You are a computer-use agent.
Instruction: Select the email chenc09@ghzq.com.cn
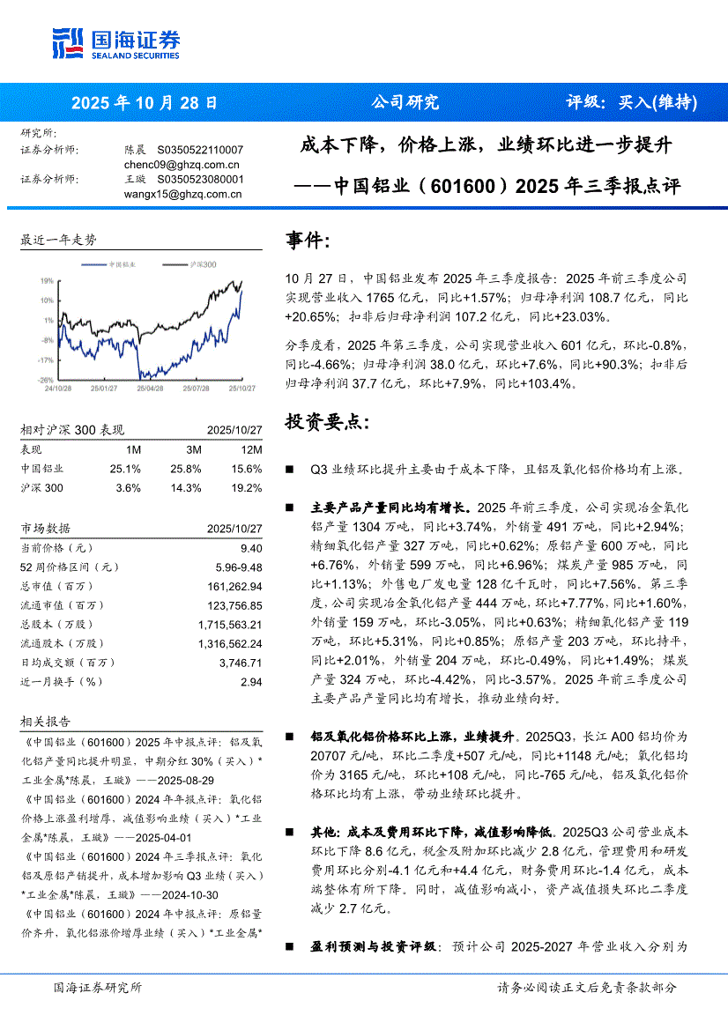(x=182, y=164)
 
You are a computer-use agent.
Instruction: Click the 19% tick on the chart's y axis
(x=46, y=280)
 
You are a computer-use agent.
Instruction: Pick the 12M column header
(x=250, y=448)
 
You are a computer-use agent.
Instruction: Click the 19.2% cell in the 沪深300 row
(x=248, y=488)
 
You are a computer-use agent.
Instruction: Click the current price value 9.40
(x=250, y=547)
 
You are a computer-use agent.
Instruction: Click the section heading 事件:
(x=308, y=241)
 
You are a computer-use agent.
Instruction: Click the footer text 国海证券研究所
(x=97, y=988)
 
